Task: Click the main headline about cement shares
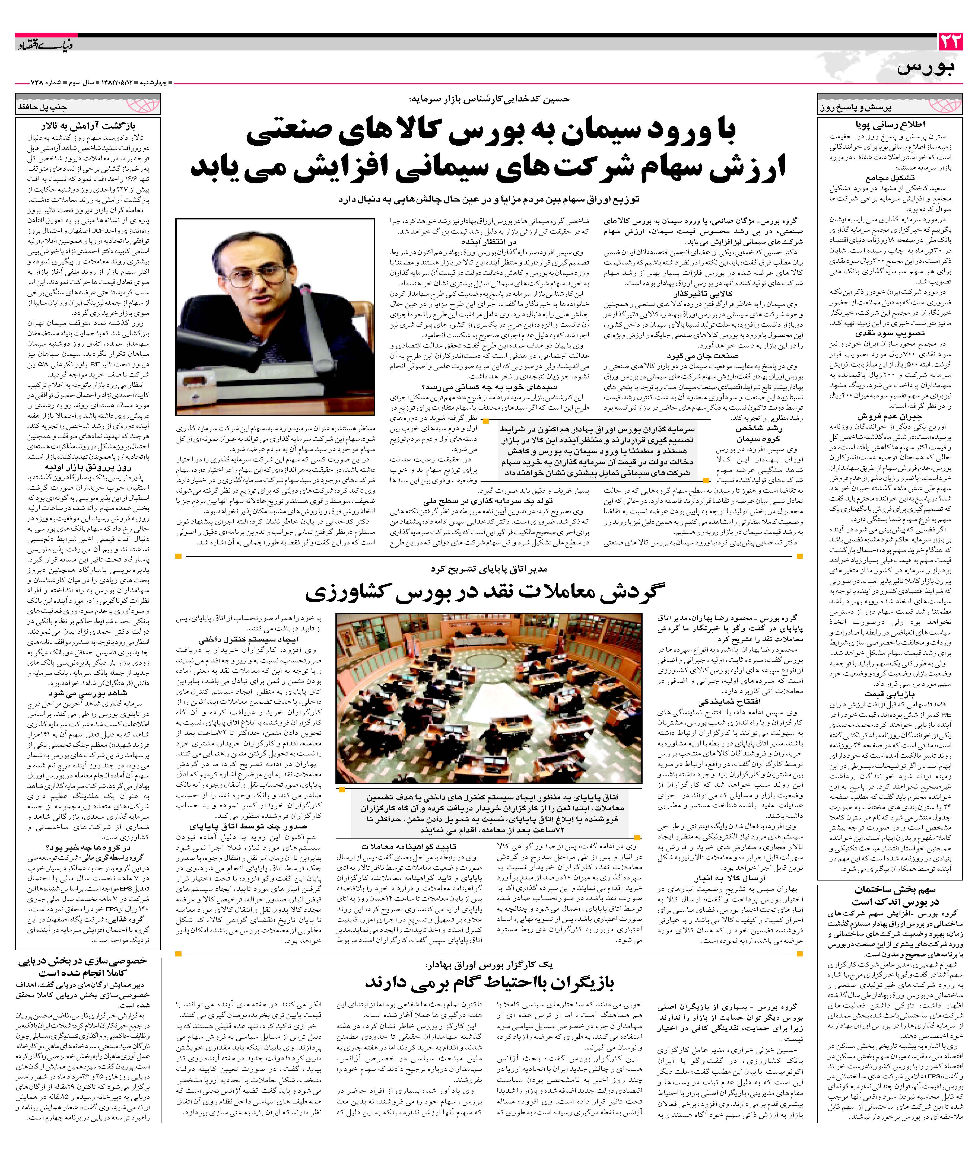[x=488, y=149]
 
